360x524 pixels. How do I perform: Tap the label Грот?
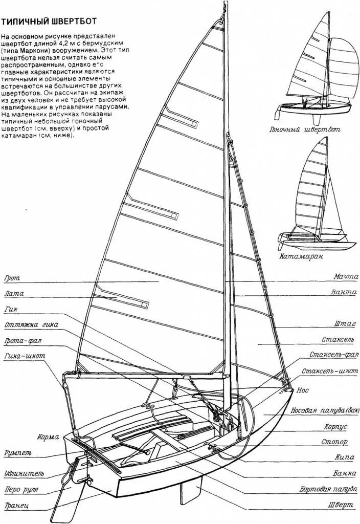11,279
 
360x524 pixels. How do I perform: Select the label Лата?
13,294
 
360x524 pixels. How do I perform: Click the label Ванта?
344,293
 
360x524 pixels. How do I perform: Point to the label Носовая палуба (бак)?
324,411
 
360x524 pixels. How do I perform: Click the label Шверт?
340,505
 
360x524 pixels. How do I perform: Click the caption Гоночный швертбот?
304,130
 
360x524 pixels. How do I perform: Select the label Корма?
49,438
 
